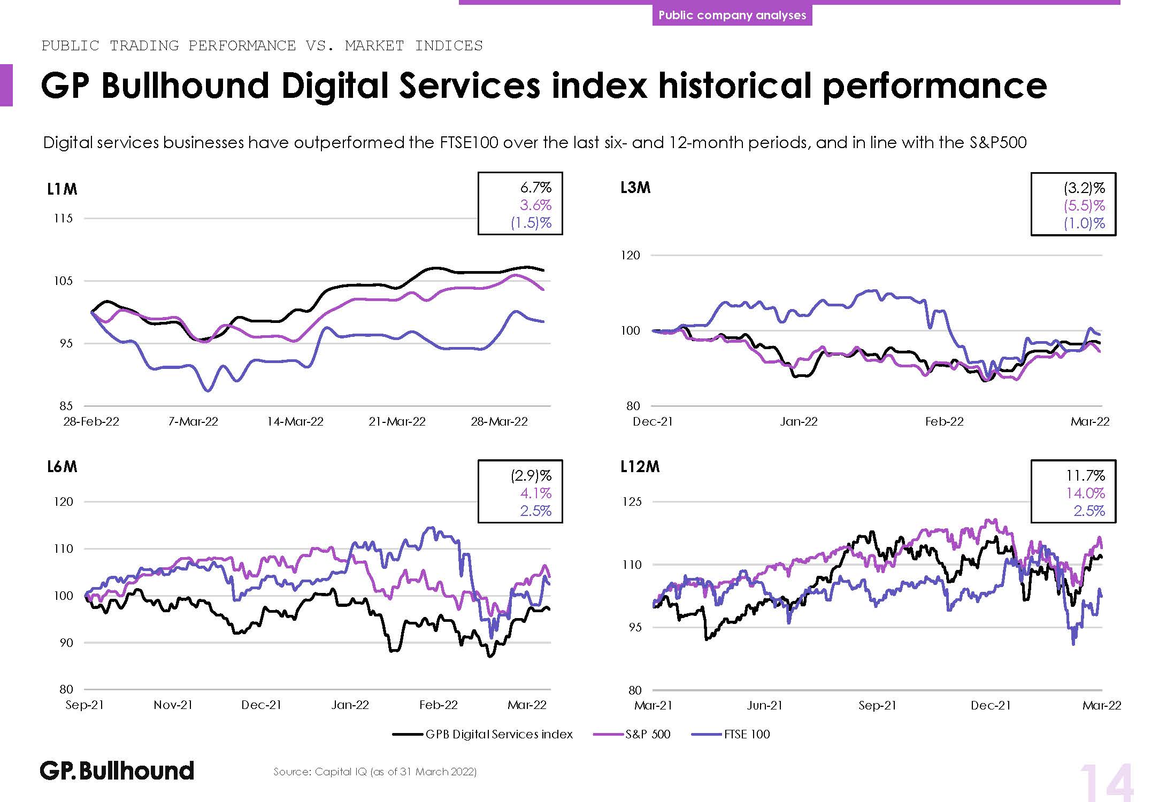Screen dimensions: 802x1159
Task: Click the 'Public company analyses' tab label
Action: [x=732, y=15]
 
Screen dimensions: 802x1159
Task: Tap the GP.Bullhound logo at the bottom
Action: [x=117, y=770]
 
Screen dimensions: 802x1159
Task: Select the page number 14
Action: [x=1106, y=783]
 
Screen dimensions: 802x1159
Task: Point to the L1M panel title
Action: [x=62, y=189]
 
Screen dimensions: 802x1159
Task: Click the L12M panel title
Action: [x=640, y=467]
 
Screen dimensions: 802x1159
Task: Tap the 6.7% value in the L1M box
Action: [x=535, y=188]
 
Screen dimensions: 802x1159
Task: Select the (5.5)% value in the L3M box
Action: [x=1084, y=205]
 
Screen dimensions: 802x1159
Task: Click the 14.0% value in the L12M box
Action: [x=1085, y=493]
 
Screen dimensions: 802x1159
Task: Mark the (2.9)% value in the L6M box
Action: [x=531, y=475]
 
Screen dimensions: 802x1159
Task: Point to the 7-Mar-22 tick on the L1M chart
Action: [x=193, y=421]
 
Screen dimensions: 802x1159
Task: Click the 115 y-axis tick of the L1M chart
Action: [x=63, y=218]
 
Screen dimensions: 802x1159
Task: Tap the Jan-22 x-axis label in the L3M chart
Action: [x=799, y=421]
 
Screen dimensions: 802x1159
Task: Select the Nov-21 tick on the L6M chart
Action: [x=173, y=705]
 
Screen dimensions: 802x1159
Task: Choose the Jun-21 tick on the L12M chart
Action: [x=764, y=705]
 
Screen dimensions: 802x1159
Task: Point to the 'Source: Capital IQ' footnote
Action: [x=374, y=772]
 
